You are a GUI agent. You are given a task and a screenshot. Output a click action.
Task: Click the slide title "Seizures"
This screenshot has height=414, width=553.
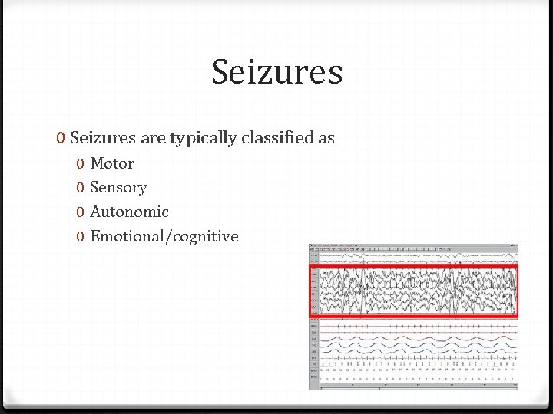coord(276,72)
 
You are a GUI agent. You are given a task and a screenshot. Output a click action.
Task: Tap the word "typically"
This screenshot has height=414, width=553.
coord(202,139)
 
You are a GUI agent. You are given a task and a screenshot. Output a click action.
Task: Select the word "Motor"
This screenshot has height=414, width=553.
coord(112,163)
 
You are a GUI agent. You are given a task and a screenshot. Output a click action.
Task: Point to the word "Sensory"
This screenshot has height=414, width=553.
coord(118,188)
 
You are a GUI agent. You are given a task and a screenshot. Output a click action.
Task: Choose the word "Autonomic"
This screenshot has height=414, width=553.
coord(129,212)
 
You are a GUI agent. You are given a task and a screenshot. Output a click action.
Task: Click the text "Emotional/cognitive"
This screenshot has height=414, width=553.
coord(164,236)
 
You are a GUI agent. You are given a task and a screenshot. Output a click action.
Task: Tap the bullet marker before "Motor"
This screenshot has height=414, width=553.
coord(81,164)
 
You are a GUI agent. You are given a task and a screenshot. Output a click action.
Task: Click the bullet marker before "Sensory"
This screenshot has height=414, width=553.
coord(81,188)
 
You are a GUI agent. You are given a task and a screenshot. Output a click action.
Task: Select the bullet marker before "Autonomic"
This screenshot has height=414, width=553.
coord(81,212)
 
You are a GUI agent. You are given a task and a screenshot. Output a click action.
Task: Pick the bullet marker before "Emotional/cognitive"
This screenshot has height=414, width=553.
coord(81,237)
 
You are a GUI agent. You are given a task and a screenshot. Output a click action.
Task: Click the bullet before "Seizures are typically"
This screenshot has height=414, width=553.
coord(60,139)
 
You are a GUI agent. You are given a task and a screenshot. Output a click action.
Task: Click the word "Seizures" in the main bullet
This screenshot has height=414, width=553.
coord(101,138)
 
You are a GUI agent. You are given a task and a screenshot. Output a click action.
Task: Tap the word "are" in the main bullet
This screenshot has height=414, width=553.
coord(151,139)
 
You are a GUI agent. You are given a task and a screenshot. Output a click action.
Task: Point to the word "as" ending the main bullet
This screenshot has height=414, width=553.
coord(326,139)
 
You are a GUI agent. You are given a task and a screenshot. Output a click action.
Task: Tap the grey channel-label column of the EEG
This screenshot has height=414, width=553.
coord(315,337)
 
